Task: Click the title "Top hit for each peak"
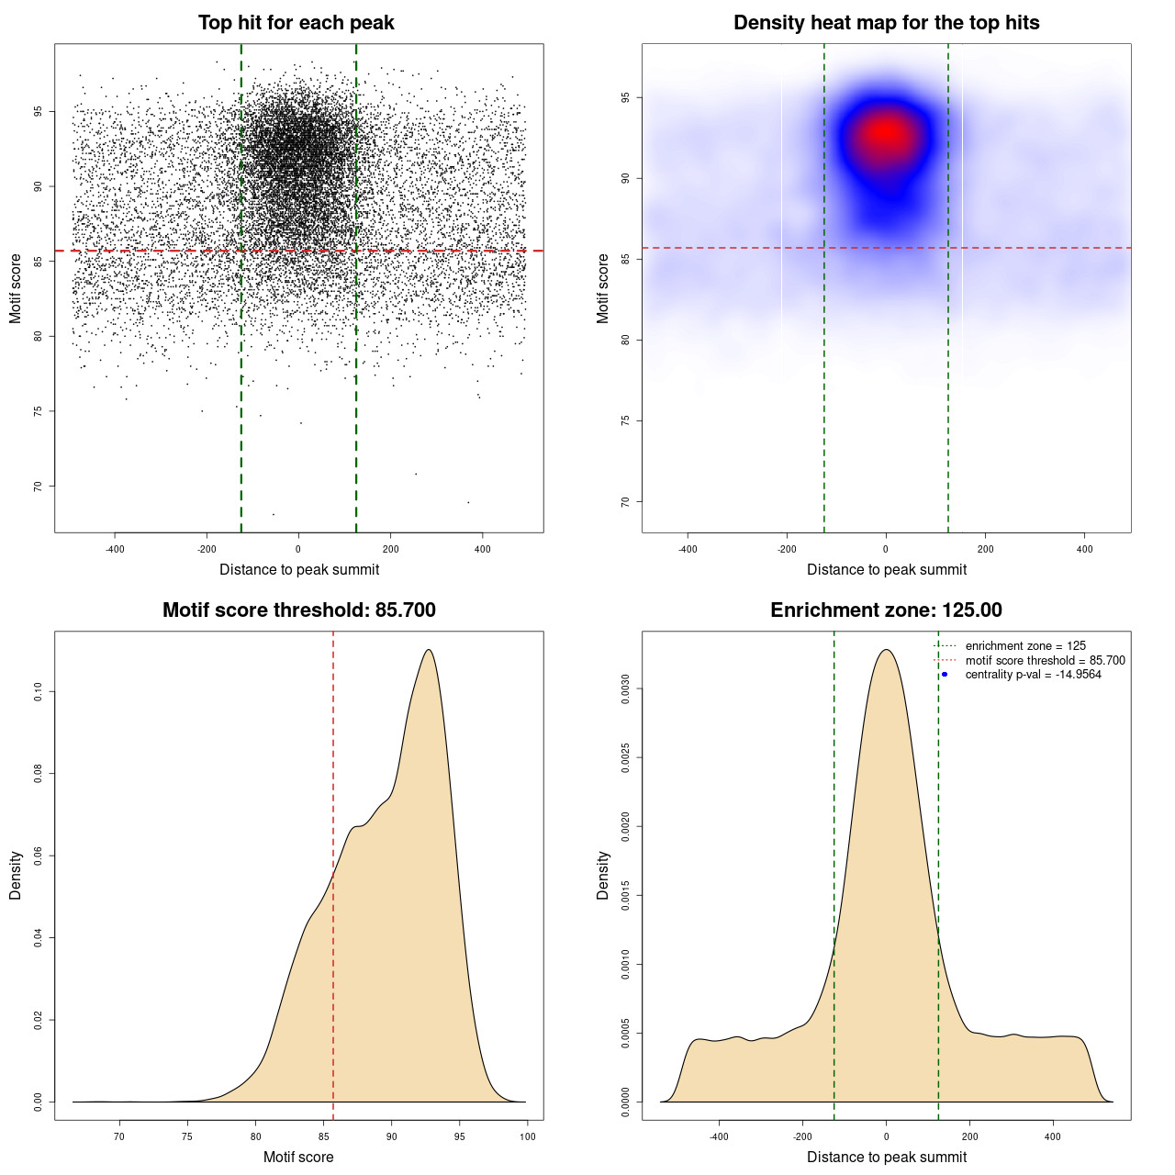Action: point(296,23)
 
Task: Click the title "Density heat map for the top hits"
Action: point(886,23)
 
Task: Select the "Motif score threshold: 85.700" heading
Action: point(298,610)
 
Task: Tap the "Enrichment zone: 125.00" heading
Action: point(886,610)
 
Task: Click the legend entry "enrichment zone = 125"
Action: point(1025,646)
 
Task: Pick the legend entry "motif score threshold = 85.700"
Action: point(1045,660)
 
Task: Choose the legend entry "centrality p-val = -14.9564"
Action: point(1033,675)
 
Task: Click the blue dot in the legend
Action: point(945,675)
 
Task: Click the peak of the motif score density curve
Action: point(428,650)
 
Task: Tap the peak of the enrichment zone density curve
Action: point(886,650)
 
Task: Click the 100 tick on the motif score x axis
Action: point(527,1136)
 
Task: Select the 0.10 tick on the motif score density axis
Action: point(39,691)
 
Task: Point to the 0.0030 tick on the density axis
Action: point(626,688)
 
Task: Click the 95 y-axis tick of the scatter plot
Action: point(39,112)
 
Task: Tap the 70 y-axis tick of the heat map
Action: point(626,501)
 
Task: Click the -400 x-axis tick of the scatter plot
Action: point(115,549)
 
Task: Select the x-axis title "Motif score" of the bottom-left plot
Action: point(298,1157)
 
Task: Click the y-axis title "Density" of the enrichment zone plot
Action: point(603,875)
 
